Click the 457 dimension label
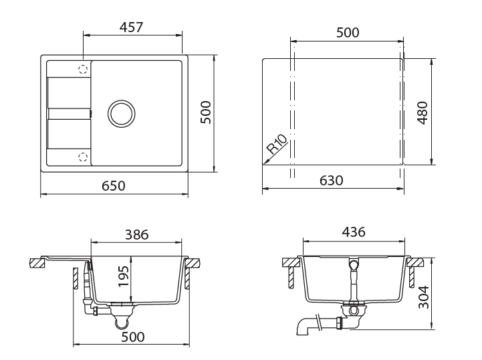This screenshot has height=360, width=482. [x=131, y=27]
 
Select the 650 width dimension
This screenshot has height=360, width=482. [x=114, y=186]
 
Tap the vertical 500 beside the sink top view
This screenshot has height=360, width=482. [x=206, y=112]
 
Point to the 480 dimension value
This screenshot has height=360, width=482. [x=423, y=113]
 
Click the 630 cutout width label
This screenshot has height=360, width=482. [x=332, y=181]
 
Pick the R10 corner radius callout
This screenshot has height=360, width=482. [x=277, y=145]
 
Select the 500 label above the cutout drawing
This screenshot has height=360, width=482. [x=348, y=33]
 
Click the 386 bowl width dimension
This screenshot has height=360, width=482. [x=137, y=234]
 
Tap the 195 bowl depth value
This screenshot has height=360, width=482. [x=124, y=276]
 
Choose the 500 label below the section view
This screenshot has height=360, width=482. [x=133, y=337]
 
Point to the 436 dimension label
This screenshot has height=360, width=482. [x=354, y=232]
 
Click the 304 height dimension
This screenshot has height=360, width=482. [x=424, y=297]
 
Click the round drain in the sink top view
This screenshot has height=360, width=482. [x=122, y=114]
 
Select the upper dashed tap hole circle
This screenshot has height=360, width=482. [x=83, y=69]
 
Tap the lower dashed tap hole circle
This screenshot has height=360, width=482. [x=83, y=157]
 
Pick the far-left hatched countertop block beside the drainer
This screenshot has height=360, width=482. [x=37, y=264]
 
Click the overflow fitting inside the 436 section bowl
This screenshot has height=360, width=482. [x=354, y=265]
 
